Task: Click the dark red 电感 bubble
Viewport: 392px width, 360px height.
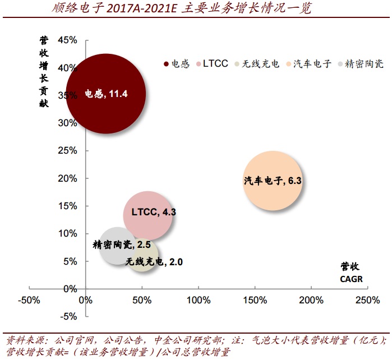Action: pos(106,94)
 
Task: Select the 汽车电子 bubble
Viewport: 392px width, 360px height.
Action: pos(273,181)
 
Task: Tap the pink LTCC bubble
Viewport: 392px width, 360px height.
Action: pos(148,214)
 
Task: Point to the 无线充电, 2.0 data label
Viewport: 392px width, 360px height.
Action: pos(154,261)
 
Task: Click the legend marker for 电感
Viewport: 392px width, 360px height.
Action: pos(167,64)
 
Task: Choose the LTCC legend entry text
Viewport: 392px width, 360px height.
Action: pos(216,64)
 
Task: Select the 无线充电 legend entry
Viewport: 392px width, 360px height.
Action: pos(260,64)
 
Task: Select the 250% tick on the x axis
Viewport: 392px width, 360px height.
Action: pos(367,301)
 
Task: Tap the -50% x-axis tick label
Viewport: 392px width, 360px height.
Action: pos(29,301)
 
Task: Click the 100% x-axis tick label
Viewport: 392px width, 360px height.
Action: pos(198,301)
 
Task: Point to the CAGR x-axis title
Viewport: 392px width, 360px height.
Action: pos(351,279)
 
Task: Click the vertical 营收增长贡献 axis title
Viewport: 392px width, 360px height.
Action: pos(44,72)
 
